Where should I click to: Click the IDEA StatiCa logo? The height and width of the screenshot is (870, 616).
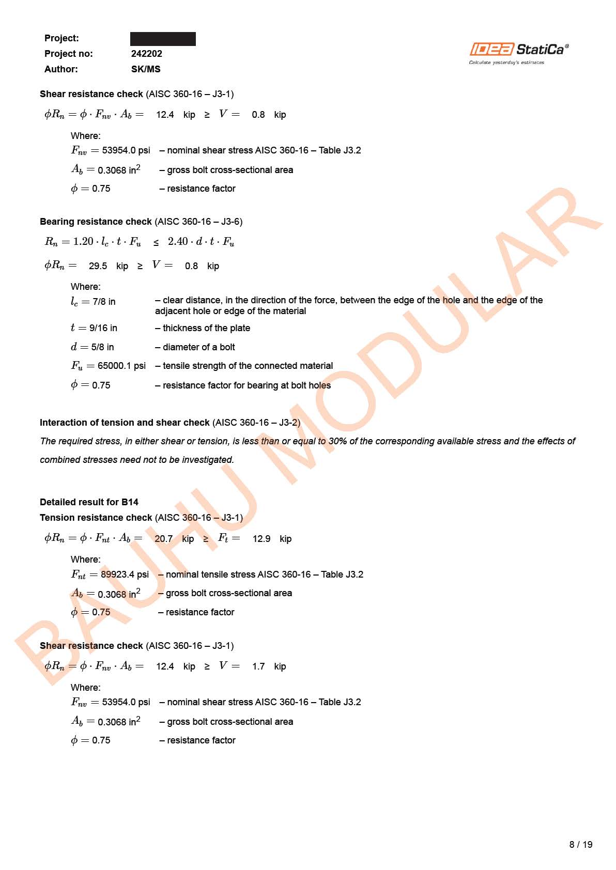click(518, 50)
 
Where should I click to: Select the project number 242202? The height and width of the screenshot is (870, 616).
click(146, 54)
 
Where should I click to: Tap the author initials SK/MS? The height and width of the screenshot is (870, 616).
click(146, 69)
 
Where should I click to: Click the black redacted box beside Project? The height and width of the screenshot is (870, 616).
click(163, 39)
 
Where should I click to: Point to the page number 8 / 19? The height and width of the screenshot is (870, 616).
click(580, 845)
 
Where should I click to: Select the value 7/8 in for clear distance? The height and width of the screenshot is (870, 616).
click(104, 302)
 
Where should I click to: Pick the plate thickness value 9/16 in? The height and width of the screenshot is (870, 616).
click(103, 328)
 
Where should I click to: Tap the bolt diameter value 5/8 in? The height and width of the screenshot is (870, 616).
click(102, 347)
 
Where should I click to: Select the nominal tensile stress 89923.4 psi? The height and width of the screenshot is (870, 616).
click(125, 574)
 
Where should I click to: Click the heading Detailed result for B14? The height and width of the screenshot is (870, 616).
click(89, 502)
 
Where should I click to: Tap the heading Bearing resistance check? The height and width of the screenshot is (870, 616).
click(96, 222)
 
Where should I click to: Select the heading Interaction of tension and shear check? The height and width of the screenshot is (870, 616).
click(125, 423)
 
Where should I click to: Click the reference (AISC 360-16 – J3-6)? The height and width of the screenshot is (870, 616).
click(198, 222)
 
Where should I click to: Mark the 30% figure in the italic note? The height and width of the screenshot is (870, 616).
click(337, 441)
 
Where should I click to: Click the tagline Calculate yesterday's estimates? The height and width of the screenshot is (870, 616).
click(506, 63)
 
